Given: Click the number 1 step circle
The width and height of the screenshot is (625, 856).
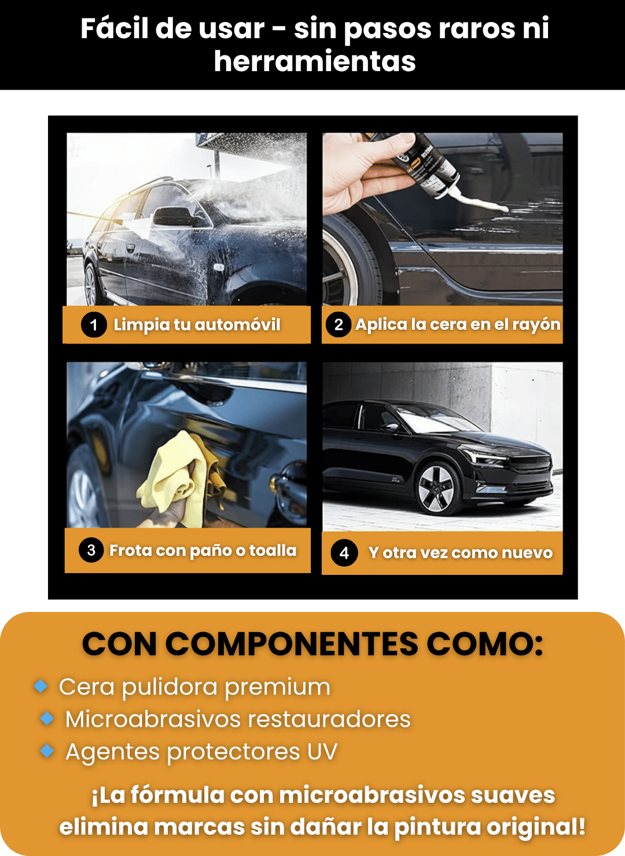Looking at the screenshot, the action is pyautogui.click(x=94, y=325).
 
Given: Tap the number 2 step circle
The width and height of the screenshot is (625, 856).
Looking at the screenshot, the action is pyautogui.click(x=339, y=324).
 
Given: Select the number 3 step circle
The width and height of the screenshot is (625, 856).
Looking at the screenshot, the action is pyautogui.click(x=91, y=550).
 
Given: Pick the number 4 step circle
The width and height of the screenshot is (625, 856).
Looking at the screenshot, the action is pyautogui.click(x=344, y=552).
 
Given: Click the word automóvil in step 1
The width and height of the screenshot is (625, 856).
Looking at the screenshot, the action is pyautogui.click(x=237, y=325).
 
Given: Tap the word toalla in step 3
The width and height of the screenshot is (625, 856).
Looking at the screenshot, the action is pyautogui.click(x=273, y=550).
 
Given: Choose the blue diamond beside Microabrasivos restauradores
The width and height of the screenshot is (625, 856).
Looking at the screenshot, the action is pyautogui.click(x=47, y=718).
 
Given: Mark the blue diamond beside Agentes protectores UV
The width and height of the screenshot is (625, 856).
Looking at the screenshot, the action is pyautogui.click(x=47, y=751).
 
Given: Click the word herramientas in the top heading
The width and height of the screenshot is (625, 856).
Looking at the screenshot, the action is pyautogui.click(x=315, y=61).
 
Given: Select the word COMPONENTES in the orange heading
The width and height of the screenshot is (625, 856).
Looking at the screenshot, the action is pyautogui.click(x=292, y=644).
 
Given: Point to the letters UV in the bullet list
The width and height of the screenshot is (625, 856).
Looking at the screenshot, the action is pyautogui.click(x=322, y=751).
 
